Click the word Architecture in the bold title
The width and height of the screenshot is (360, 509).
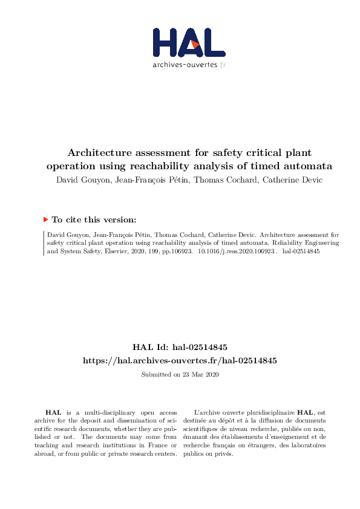(x=100, y=153)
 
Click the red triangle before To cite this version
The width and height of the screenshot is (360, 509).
(x=45, y=219)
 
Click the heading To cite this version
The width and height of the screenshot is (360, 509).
(x=94, y=220)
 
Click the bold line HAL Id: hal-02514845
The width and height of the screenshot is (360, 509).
(x=180, y=347)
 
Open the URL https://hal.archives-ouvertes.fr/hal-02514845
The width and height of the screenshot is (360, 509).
(x=180, y=360)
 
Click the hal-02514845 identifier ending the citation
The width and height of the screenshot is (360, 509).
(x=301, y=250)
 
